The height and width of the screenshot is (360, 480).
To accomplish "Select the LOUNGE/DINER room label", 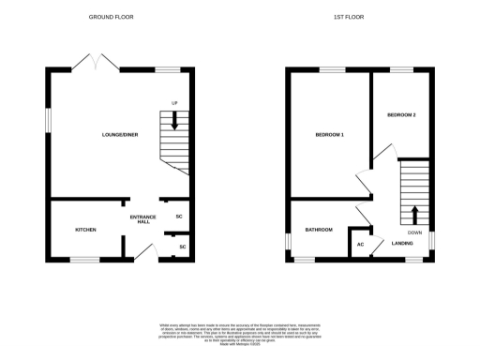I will point(120,135).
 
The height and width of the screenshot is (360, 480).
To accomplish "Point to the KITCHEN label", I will point(86,229).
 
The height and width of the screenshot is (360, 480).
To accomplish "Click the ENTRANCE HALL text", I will point(140,219).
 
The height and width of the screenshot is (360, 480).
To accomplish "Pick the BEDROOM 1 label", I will point(329,135).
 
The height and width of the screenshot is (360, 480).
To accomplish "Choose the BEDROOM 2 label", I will point(401,114).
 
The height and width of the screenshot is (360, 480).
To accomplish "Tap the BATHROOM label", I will point(319,229).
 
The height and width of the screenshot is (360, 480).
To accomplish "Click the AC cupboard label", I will point(359,245).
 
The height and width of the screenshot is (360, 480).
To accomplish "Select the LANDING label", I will point(402,244).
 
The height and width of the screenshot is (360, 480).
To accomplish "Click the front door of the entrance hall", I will point(143,251).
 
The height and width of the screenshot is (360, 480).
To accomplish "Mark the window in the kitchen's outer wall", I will point(84,259).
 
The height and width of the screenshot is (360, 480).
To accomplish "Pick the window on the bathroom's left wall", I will point(289,242).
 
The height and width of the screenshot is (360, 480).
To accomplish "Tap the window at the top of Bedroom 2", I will point(402,70).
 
